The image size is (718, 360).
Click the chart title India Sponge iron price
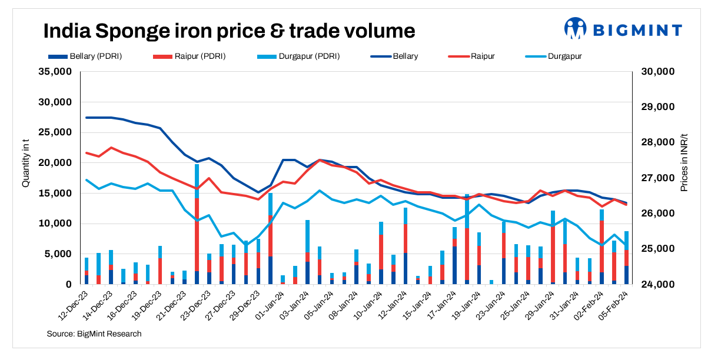click(230, 30)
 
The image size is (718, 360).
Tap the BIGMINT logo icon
click(576, 28)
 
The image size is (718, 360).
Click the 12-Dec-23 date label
click(75, 305)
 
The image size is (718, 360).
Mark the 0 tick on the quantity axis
click(68, 285)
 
